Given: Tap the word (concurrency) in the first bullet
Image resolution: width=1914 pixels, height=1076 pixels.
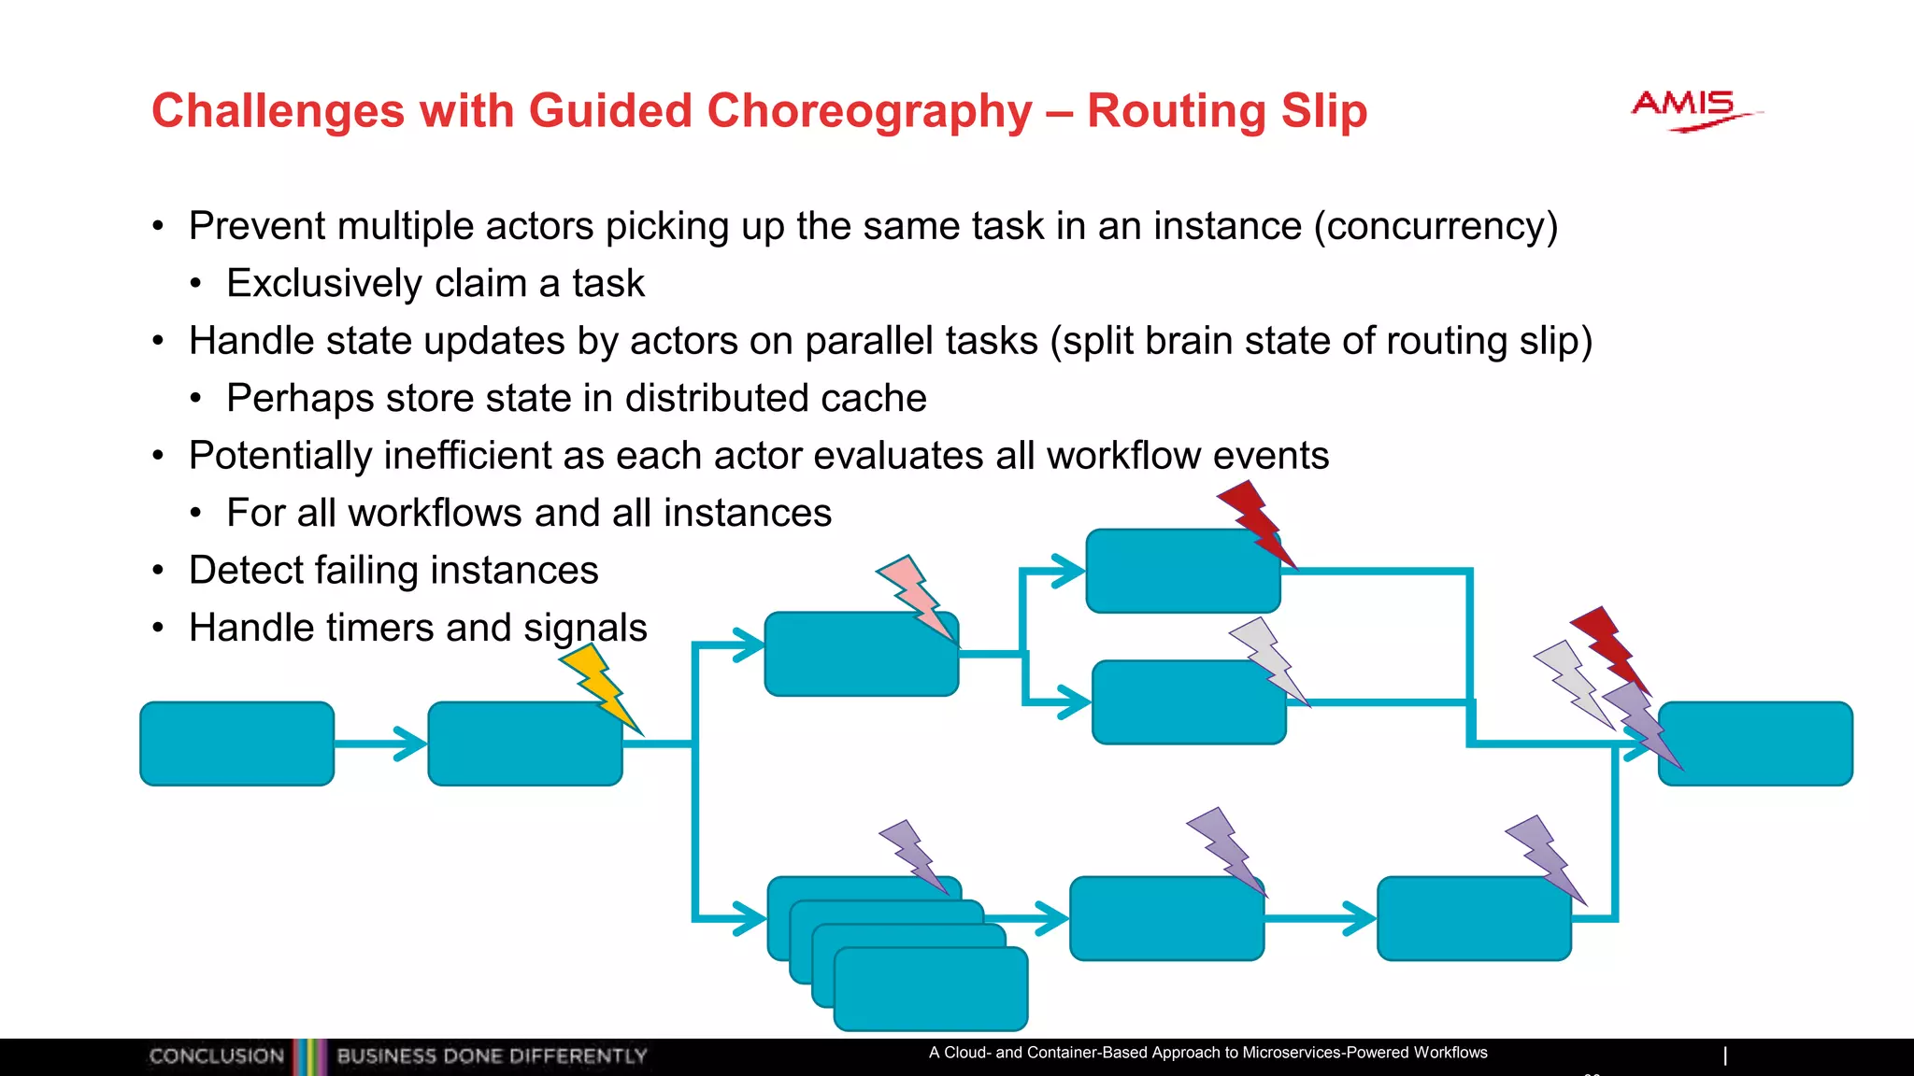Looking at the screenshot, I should coord(1435,226).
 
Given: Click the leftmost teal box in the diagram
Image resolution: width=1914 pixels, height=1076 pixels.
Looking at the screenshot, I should coord(237,743).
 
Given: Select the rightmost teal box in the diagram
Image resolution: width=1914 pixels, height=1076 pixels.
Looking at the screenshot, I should coord(1755,743).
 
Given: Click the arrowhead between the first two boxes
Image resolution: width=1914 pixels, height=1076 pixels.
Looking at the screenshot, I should coord(409,743).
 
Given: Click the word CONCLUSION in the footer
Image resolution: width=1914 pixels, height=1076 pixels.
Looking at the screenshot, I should coord(216,1056).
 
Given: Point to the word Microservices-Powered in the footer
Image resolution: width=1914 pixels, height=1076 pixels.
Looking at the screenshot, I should coord(1325,1053).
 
